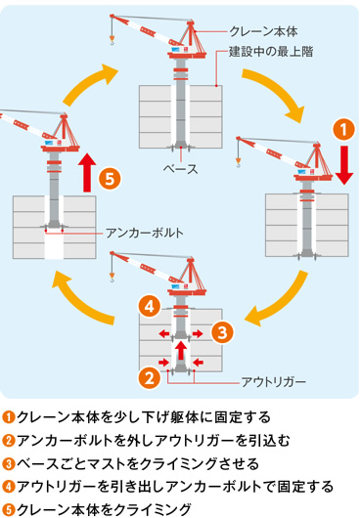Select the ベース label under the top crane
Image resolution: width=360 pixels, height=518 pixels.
pos(180,168)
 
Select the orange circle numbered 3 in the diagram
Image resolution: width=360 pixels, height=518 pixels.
pos(222,331)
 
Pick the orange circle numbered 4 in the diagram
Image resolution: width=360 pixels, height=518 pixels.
pos(148,306)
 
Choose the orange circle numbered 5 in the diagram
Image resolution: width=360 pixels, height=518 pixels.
pos(111,178)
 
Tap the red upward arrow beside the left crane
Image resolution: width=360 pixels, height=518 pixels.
pos(85,172)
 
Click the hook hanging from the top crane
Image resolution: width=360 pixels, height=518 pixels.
pos(113,41)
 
